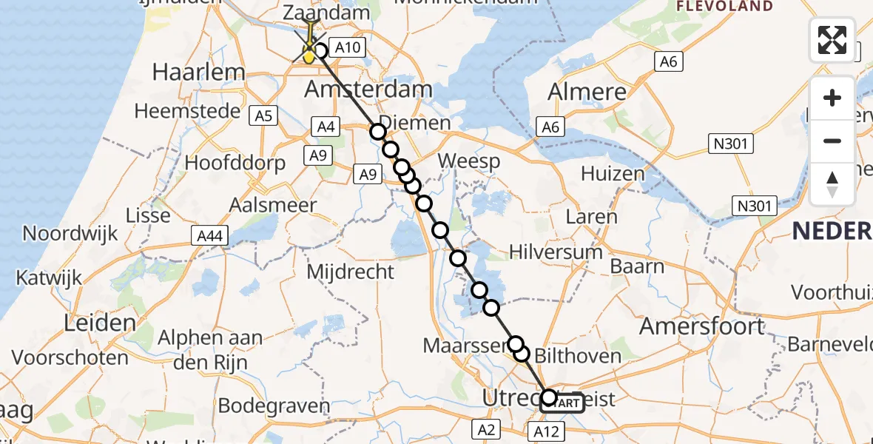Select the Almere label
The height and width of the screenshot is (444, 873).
(x=587, y=92)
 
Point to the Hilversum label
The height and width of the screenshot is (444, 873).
(x=556, y=252)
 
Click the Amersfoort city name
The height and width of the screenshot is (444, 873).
(x=702, y=326)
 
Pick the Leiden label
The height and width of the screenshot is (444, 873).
(x=100, y=323)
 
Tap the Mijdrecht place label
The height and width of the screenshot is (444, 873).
(x=350, y=272)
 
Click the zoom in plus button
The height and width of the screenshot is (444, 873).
(x=832, y=98)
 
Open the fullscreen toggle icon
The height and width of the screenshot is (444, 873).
(x=832, y=40)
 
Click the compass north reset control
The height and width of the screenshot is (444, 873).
(x=832, y=184)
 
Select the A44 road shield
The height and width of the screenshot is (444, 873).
(x=209, y=235)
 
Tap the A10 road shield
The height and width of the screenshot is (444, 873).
(x=347, y=48)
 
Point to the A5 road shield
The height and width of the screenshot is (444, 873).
(x=263, y=115)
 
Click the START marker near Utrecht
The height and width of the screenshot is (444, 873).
(x=564, y=403)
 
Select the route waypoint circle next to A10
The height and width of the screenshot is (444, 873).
(x=320, y=51)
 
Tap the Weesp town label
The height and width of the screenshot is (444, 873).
(x=468, y=161)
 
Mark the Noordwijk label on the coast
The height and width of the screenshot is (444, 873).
(x=70, y=234)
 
